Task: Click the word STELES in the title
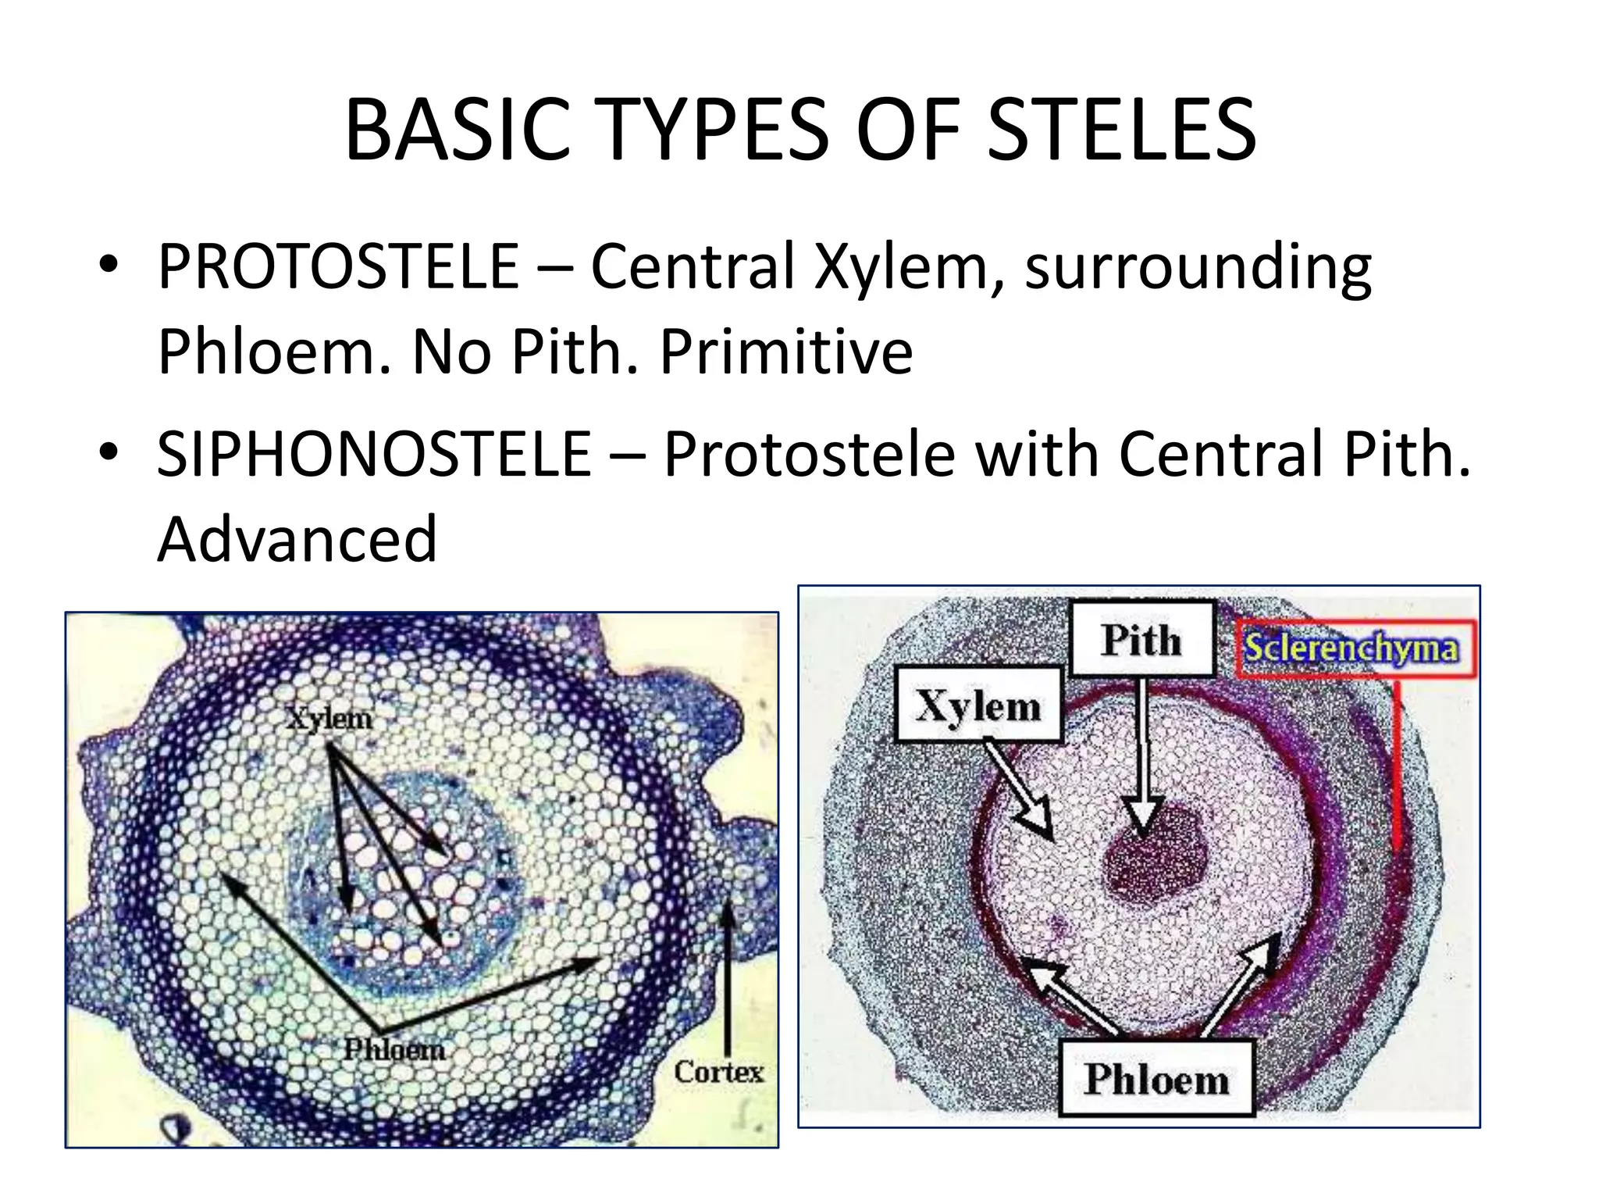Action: (x=1121, y=130)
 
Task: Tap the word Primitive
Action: (x=785, y=352)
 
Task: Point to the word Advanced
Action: (x=297, y=539)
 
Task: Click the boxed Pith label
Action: (x=1141, y=640)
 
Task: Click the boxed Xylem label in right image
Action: (x=978, y=705)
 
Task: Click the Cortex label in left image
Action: (x=718, y=1072)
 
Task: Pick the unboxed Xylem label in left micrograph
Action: (x=329, y=718)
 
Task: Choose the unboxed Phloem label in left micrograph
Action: (x=395, y=1048)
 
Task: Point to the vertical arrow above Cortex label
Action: (x=727, y=977)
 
